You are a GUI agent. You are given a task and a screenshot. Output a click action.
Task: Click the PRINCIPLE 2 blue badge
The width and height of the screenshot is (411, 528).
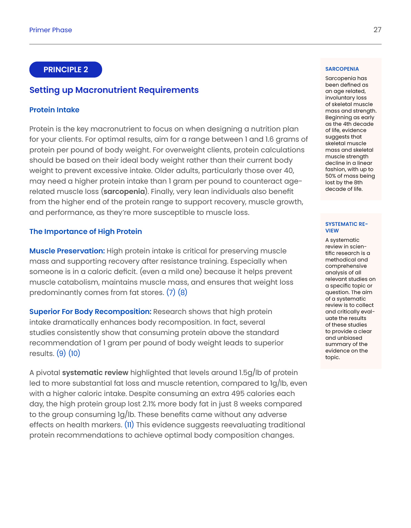point(66,69)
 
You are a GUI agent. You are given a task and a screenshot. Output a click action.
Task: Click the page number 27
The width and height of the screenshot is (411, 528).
point(377,30)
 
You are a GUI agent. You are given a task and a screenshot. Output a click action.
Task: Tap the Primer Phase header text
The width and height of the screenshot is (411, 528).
point(50,30)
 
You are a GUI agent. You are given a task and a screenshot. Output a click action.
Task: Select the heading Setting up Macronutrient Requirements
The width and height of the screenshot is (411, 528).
point(114,90)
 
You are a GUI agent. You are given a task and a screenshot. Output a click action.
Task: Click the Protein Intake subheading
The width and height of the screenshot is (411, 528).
point(54,110)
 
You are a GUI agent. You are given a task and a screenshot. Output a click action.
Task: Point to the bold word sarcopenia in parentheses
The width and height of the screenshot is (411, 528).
point(124,191)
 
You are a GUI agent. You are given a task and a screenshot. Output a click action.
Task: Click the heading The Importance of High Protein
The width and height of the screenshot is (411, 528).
point(85,231)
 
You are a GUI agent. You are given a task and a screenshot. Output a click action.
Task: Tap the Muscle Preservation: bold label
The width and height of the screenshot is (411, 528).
point(67,251)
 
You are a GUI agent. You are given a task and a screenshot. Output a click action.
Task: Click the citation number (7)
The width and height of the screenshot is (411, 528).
point(171,292)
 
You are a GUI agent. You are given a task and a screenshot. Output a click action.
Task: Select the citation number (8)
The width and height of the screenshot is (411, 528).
point(182,292)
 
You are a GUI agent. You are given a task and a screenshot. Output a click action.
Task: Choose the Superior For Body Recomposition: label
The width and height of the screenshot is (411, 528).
point(90,312)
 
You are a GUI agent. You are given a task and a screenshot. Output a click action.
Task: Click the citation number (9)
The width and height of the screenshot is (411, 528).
point(61,353)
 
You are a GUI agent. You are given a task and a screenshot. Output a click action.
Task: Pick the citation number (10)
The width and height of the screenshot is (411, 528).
point(74,353)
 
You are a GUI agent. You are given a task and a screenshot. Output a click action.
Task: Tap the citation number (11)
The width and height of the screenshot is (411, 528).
point(129,425)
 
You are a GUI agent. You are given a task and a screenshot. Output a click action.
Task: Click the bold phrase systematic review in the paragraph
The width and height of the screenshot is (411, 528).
point(95,373)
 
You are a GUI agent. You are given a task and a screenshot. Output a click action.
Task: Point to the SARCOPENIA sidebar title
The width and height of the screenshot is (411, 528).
point(342,69)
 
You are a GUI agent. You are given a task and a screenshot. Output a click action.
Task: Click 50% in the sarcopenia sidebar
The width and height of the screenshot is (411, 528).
point(331,176)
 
